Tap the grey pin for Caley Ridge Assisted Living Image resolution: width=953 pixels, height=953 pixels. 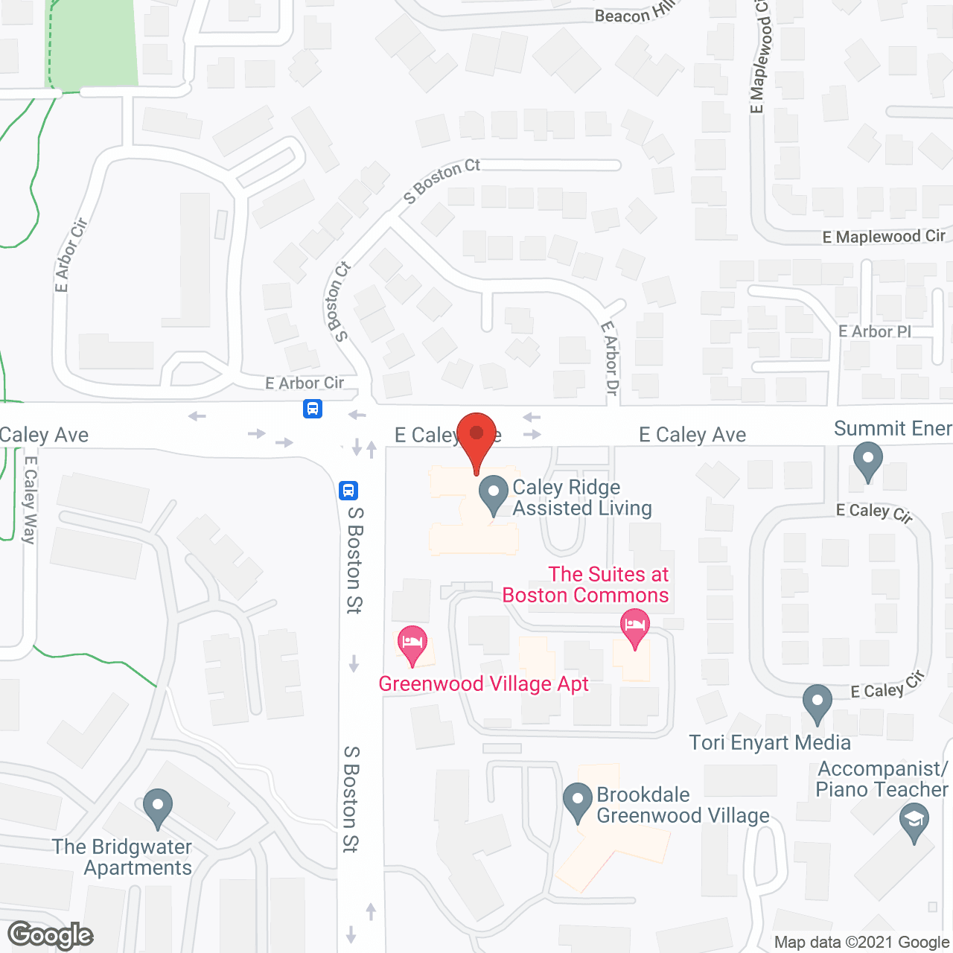click(493, 493)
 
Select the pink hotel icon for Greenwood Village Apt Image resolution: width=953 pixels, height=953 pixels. click(412, 643)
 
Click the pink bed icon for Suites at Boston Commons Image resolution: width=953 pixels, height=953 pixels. click(634, 625)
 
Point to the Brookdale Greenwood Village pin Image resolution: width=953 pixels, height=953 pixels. click(578, 800)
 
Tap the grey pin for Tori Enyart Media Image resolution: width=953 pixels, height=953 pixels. click(817, 701)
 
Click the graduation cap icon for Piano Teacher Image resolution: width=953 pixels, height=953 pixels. click(914, 823)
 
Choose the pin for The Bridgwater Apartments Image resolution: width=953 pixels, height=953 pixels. click(157, 806)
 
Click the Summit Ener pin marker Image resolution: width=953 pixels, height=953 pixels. click(867, 459)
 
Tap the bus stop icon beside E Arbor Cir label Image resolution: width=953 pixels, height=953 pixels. click(313, 409)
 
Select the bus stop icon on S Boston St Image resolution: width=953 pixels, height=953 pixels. click(348, 491)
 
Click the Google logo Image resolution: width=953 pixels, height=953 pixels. click(50, 935)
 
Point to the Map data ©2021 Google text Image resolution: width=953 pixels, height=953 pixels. click(862, 943)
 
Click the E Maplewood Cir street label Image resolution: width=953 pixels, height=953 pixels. click(884, 237)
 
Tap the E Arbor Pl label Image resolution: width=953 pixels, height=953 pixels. click(875, 331)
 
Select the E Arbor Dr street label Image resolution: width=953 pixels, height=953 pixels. click(610, 358)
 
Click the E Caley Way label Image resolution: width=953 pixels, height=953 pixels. click(30, 500)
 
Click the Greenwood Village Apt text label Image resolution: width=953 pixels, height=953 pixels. click(483, 683)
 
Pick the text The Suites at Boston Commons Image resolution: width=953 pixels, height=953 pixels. click(586, 584)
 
